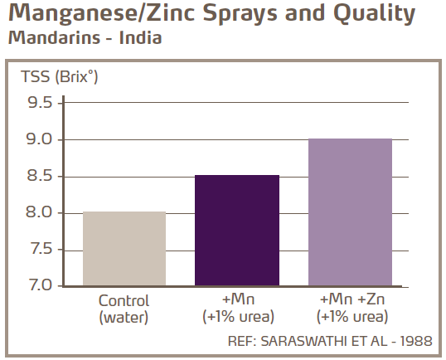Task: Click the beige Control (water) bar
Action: tap(124, 249)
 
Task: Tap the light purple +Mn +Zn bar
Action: tap(350, 212)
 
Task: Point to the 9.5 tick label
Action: tap(38, 103)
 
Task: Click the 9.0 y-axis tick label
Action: tap(38, 139)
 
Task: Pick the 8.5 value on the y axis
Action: tap(38, 176)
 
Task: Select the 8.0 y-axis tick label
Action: tap(38, 212)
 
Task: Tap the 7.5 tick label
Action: tap(38, 249)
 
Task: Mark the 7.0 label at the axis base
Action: tap(38, 285)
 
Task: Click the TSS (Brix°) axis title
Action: tap(52, 78)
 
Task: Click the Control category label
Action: tap(124, 301)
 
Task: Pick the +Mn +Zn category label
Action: tap(350, 301)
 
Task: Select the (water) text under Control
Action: tap(124, 316)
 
